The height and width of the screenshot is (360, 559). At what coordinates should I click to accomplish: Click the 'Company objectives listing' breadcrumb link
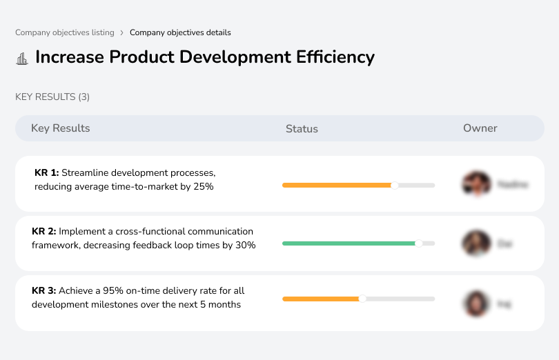coord(65,32)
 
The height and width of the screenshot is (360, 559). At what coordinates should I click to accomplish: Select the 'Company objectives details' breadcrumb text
coord(180,32)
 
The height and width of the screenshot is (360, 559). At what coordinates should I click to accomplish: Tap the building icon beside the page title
coord(22,59)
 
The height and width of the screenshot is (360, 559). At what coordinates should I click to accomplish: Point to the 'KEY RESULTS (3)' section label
coord(52,97)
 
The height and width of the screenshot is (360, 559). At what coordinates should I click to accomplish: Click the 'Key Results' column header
coord(60,128)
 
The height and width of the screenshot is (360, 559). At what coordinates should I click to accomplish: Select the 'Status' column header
coord(302,129)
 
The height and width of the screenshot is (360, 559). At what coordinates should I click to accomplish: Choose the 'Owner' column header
coord(480,128)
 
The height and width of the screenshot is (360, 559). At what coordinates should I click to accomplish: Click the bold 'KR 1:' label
coord(46,172)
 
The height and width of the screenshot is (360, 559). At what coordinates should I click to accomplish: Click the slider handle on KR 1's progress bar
coord(395,185)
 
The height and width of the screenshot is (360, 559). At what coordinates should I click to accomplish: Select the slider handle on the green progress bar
coord(418,243)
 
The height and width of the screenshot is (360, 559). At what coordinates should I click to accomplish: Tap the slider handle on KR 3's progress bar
coord(362,299)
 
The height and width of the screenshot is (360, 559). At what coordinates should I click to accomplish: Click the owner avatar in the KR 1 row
coord(476,184)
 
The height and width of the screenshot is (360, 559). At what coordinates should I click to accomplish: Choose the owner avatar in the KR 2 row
coord(476,243)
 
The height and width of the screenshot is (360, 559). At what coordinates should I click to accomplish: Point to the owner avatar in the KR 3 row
coord(476,303)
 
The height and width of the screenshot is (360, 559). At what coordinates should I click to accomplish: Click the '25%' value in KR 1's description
coord(203,187)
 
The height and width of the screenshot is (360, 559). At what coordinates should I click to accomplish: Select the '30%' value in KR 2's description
coord(245,246)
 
